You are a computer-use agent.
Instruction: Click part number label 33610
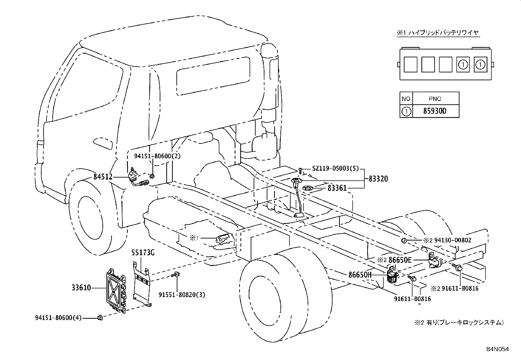point(81,288)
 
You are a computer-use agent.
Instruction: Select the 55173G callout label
point(143,253)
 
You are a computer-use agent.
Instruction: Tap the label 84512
point(103,177)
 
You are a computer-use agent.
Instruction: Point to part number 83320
point(378,179)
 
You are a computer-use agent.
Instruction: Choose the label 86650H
point(360,275)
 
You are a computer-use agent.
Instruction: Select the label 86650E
point(400,260)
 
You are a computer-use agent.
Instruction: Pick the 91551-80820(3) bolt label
point(182,295)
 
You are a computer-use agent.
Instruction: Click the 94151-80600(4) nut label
point(58,317)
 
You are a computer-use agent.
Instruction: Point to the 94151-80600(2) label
point(157,156)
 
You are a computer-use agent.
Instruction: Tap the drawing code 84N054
point(497,350)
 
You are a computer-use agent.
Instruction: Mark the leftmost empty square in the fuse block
point(410,64)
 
